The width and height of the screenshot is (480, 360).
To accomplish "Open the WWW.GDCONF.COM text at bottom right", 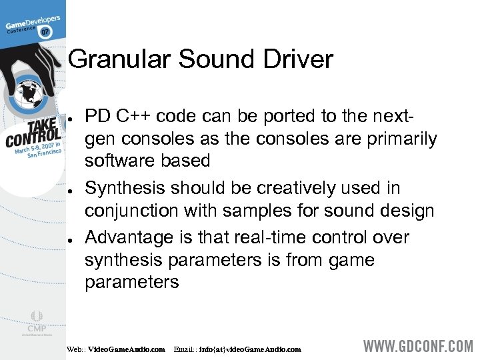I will pyautogui.click(x=418, y=347).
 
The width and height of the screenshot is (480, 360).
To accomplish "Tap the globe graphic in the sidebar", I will pyautogui.click(x=28, y=93).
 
